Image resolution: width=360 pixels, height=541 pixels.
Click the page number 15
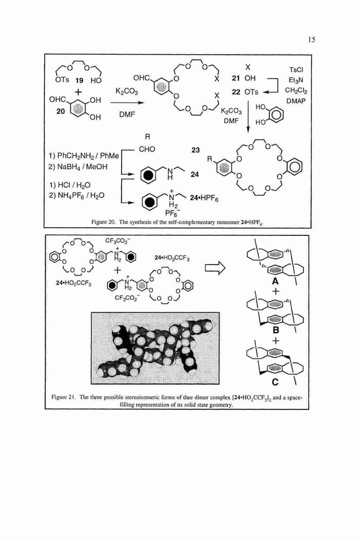tap(312, 39)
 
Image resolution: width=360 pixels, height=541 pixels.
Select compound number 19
tap(79, 81)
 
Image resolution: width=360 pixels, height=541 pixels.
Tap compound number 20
tap(61, 111)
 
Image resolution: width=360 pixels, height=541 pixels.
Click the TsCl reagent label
tap(296, 70)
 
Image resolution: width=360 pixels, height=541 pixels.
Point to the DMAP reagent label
tap(296, 101)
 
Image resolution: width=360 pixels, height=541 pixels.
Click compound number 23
tap(196, 150)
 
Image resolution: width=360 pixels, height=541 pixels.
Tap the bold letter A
tap(275, 281)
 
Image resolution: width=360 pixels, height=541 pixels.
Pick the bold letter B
tap(276, 330)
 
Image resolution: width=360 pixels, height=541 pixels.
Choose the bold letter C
tap(275, 382)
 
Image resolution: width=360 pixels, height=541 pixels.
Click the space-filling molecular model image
tap(155, 348)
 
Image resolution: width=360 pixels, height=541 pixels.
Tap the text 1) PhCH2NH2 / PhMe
tap(84, 156)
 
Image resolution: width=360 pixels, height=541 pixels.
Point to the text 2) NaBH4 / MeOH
tap(78, 167)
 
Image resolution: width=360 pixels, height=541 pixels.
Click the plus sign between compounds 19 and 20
tap(78, 93)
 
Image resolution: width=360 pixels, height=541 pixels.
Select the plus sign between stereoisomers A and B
tap(275, 292)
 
